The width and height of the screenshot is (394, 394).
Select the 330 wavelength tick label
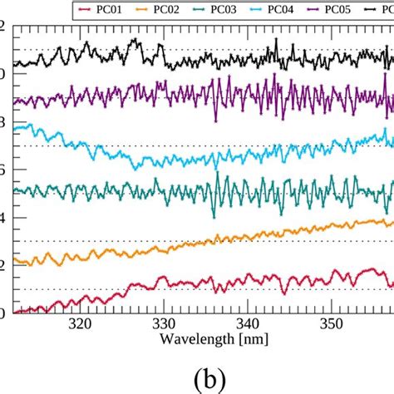(x=164, y=325)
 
